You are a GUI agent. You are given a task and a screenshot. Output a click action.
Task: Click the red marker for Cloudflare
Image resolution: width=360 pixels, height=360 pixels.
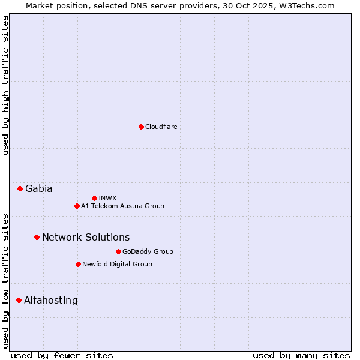[x=141, y=127]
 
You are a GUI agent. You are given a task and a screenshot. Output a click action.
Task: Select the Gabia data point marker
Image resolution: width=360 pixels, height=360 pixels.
[x=20, y=188]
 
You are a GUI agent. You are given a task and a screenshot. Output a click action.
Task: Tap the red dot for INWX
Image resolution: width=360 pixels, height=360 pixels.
[x=94, y=198]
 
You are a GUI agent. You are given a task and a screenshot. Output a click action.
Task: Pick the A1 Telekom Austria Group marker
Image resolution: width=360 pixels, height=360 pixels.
[x=77, y=206]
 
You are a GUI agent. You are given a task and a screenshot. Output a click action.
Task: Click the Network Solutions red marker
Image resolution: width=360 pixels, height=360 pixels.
[x=37, y=237]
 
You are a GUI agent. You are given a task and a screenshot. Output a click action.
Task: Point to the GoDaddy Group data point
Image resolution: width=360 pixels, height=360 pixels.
[x=118, y=251]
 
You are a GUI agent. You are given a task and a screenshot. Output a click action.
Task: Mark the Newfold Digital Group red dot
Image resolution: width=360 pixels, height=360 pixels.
[x=78, y=264]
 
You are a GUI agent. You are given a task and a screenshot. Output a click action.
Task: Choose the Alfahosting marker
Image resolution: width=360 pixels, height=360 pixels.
[x=19, y=300]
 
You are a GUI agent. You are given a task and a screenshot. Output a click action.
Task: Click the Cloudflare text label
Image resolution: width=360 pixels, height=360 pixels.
[x=161, y=127]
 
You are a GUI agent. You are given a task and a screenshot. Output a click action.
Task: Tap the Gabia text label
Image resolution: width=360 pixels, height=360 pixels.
[x=38, y=188]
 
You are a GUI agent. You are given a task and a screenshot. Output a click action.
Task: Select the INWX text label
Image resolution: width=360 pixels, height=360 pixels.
[x=107, y=198]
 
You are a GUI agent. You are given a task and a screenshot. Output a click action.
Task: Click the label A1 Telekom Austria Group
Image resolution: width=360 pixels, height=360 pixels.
[x=122, y=206]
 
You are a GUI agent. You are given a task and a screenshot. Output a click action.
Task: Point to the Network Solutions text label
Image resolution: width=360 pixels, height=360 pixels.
[x=86, y=237]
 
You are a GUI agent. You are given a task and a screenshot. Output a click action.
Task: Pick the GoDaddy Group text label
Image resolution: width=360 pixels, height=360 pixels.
[x=148, y=251]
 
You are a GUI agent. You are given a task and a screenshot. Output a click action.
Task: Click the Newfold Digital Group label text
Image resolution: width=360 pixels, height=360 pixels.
[x=117, y=264]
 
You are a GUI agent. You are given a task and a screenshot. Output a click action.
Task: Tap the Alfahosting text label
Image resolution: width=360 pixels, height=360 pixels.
[x=51, y=300]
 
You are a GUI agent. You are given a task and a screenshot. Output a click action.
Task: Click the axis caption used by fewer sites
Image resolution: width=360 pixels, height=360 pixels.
[x=62, y=355]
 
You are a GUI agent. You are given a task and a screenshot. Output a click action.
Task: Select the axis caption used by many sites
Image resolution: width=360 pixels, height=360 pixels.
[x=301, y=355]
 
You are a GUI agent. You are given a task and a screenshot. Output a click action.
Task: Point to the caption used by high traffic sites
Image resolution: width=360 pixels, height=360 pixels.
[x=6, y=85]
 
